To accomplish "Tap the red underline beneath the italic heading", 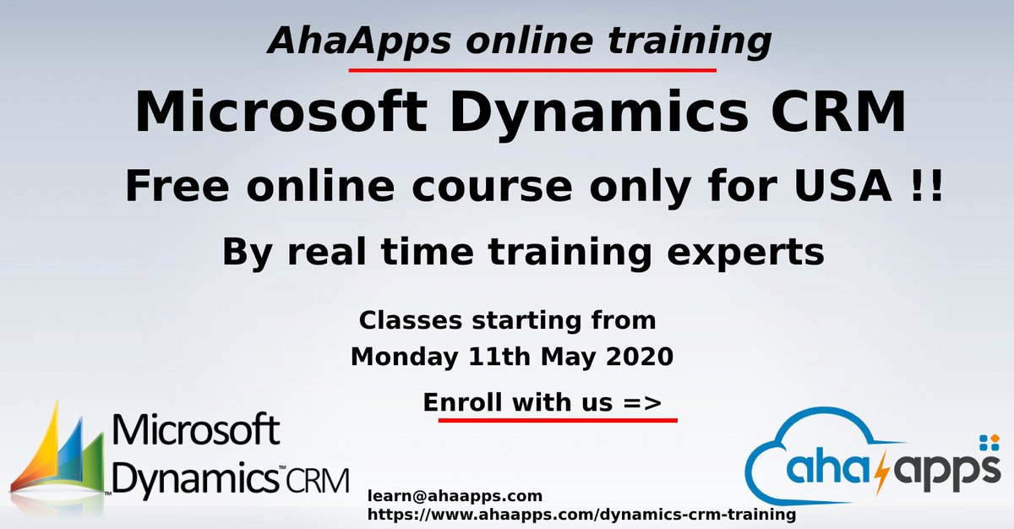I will (x=532, y=70).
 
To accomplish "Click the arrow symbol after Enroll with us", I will (x=642, y=403).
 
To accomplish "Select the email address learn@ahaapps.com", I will (x=455, y=496).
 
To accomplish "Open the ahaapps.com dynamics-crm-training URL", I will (x=581, y=514).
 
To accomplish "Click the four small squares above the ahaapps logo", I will (x=988, y=443).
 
